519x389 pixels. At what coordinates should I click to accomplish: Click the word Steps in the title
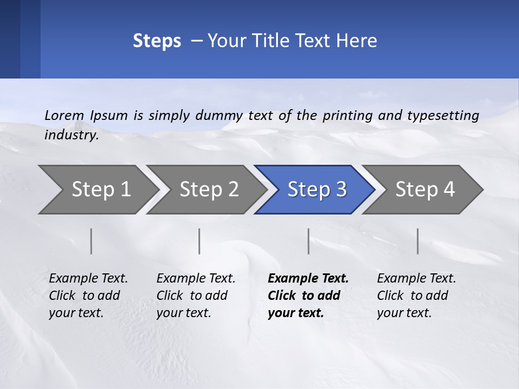(157, 41)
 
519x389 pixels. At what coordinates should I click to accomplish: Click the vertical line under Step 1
(91, 241)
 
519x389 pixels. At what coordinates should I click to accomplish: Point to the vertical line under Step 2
(199, 241)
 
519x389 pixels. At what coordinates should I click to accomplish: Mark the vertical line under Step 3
(309, 241)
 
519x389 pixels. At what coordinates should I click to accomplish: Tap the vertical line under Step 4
(418, 241)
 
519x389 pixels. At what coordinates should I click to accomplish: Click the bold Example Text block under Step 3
(308, 296)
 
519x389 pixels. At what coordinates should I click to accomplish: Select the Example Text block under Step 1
(88, 296)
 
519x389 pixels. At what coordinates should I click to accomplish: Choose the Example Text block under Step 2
(196, 296)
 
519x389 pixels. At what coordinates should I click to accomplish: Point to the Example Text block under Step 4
(416, 296)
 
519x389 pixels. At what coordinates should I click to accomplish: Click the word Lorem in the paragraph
(64, 115)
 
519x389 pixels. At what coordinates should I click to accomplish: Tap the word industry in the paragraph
(71, 135)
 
